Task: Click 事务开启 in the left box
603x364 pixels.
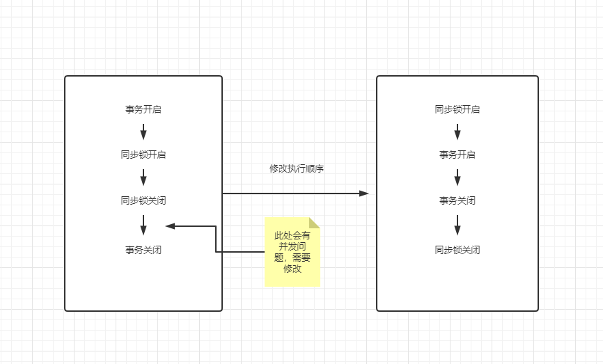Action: [x=143, y=109]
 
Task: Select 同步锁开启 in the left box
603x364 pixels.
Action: [x=143, y=155]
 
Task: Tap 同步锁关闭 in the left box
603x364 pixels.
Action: [x=143, y=200]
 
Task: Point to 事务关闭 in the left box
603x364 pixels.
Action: [x=143, y=250]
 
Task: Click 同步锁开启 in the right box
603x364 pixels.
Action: [x=457, y=109]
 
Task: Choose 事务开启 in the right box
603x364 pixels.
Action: [x=457, y=155]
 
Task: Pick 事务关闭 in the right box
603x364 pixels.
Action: [x=457, y=200]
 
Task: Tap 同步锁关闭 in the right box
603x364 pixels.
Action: [x=457, y=250]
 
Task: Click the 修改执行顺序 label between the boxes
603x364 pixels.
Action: [x=297, y=169]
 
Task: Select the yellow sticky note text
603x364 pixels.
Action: [x=292, y=252]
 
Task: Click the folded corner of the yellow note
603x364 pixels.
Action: [x=315, y=222]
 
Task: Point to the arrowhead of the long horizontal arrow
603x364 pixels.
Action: [x=364, y=193]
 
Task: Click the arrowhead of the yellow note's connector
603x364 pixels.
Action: [x=170, y=225]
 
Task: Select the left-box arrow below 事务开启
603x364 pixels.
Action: [x=143, y=132]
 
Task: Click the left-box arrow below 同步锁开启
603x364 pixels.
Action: [x=143, y=177]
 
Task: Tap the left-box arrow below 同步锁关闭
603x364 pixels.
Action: [x=143, y=225]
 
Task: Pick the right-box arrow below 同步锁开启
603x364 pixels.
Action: [x=457, y=132]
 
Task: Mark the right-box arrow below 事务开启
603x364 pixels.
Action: [x=457, y=177]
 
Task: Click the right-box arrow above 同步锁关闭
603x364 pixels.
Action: [x=457, y=225]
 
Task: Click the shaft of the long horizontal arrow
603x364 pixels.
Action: [x=292, y=193]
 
